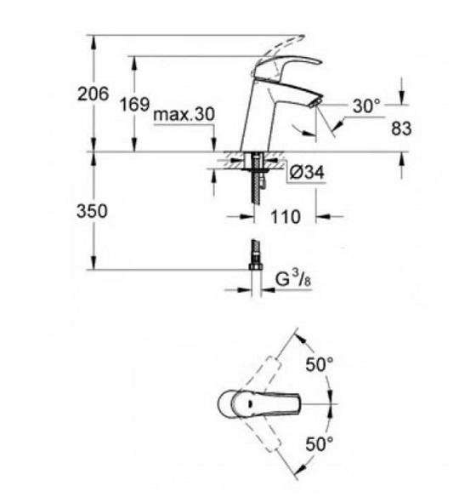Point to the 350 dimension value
coord(92,211)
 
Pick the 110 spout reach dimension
coord(286,217)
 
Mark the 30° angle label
coord(366,106)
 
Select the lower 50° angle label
coord(320,443)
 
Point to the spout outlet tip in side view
coord(315,102)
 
